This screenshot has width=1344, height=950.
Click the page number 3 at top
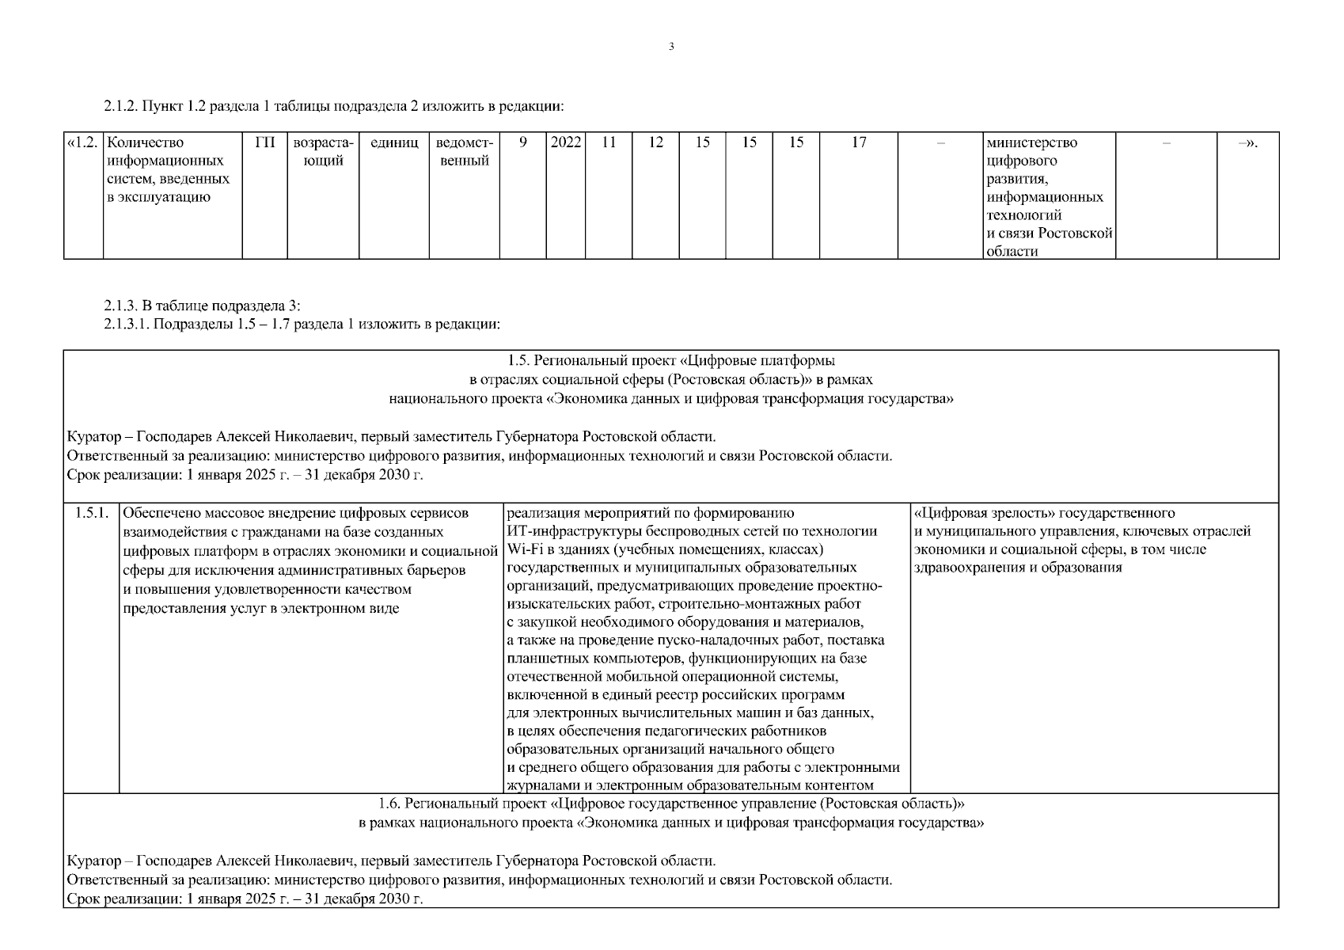[x=671, y=47]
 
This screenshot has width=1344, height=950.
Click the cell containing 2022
[x=565, y=143]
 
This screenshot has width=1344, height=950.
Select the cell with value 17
[x=859, y=143]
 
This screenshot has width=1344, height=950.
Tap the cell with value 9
[x=522, y=143]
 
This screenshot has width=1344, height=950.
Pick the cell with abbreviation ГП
[x=265, y=143]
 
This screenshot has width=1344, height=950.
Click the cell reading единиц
[x=394, y=143]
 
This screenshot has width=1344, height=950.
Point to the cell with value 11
[x=609, y=143]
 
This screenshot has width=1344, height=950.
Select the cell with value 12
[x=655, y=143]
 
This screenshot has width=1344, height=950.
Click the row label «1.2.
[x=83, y=143]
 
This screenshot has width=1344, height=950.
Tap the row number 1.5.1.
[x=91, y=513]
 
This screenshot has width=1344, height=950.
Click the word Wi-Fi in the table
[x=522, y=549]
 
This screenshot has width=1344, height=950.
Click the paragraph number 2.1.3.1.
[x=127, y=324]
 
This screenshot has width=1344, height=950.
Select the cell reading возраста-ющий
[x=323, y=152]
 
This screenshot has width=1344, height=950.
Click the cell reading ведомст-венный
[x=464, y=152]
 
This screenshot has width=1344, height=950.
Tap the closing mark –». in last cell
[x=1247, y=143]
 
